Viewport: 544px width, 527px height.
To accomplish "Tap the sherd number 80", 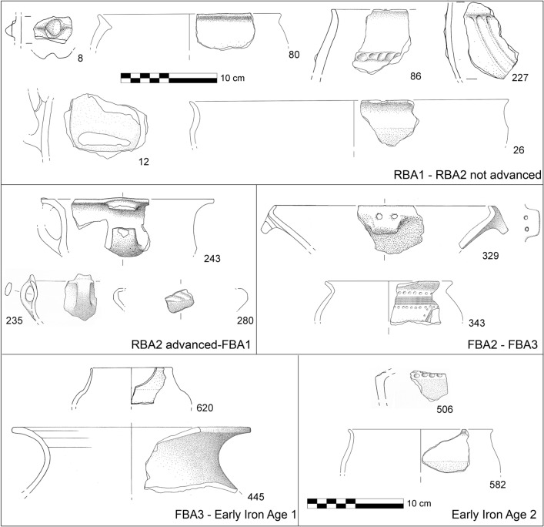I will (293, 54).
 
